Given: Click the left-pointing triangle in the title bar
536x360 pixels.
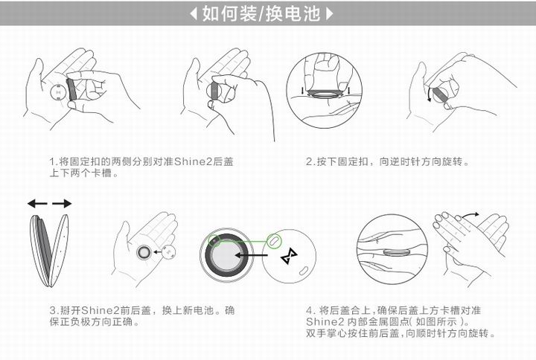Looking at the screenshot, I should [194, 13].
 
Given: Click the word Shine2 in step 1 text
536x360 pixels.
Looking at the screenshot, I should [193, 161].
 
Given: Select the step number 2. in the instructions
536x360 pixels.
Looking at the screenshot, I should [310, 161].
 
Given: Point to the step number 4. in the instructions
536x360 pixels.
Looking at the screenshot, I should [310, 309].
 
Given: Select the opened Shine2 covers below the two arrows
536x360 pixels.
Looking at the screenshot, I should [49, 250].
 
